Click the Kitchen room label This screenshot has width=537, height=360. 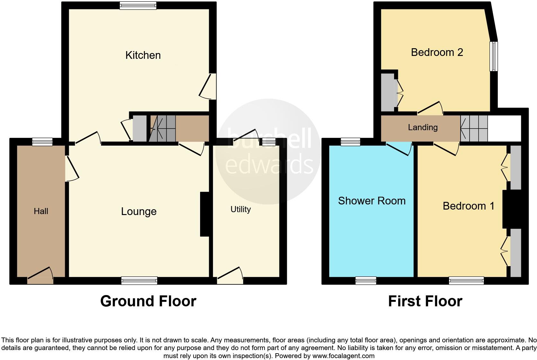(143, 55)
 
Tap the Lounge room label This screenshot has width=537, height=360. (139, 212)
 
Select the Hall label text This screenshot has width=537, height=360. (41, 211)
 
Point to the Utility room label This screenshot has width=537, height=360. (241, 209)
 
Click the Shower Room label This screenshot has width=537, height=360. (372, 201)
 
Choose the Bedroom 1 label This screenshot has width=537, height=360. (468, 206)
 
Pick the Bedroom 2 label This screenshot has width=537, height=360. (437, 52)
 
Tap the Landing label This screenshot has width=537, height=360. (423, 127)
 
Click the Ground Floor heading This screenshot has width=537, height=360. (148, 301)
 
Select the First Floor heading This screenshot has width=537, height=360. (425, 301)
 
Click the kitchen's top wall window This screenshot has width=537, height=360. (138, 5)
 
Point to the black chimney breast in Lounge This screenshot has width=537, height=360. (205, 214)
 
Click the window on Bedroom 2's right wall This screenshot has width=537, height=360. (494, 56)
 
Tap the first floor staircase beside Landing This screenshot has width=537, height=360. (474, 128)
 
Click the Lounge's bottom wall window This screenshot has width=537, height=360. (139, 281)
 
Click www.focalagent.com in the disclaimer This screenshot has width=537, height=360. (343, 356)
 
